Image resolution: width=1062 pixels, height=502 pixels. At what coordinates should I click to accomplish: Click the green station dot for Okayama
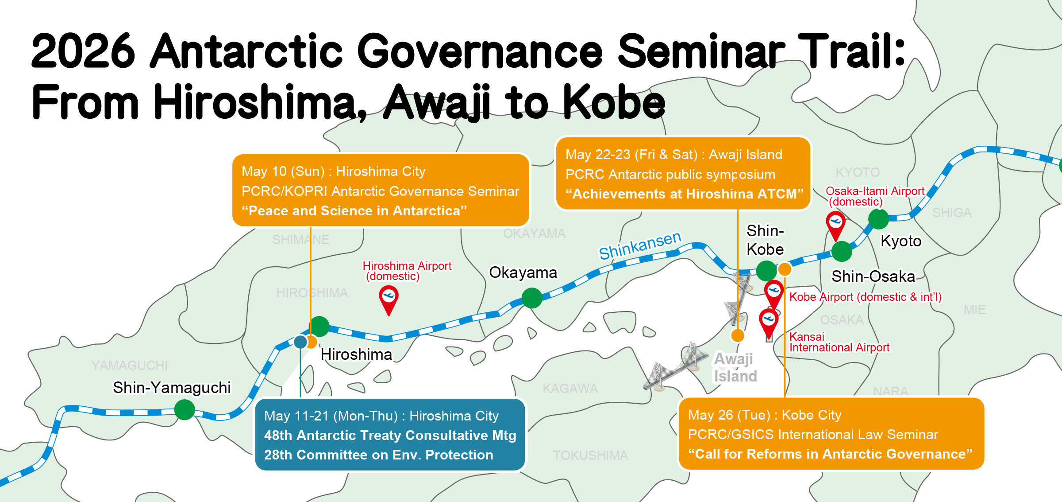[532, 298]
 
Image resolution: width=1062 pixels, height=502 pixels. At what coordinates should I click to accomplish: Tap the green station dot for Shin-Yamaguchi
[185, 409]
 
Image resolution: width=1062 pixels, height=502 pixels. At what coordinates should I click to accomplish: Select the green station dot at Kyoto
[878, 219]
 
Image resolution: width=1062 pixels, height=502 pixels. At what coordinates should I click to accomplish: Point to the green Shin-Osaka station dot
[842, 252]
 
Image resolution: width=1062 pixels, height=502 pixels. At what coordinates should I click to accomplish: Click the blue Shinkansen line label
[640, 245]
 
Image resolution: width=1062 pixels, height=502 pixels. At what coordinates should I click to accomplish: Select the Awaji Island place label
[735, 367]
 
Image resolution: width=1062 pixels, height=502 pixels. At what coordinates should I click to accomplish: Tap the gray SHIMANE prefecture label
[300, 240]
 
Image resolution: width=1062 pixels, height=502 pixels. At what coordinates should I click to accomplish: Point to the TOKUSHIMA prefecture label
[590, 455]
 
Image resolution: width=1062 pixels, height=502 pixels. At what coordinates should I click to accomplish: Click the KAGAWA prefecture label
[570, 389]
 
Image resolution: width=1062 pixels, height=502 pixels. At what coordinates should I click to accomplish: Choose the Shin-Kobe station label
[765, 240]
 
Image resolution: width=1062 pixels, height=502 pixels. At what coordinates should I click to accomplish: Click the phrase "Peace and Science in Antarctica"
[354, 210]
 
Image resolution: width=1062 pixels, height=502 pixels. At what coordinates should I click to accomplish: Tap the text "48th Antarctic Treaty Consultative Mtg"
[390, 435]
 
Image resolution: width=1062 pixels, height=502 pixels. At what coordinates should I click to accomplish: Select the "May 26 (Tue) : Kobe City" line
[765, 415]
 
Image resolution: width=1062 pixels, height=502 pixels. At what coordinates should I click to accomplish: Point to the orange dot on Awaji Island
[738, 335]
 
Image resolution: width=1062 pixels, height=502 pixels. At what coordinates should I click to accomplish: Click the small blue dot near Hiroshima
[300, 342]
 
